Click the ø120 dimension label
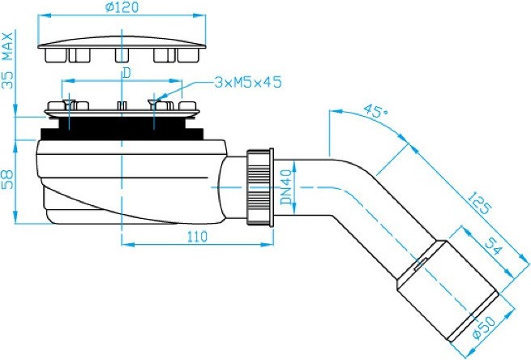tap(122, 7)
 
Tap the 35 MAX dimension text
tap(8, 61)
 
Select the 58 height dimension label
tap(8, 179)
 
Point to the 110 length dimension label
tap(197, 237)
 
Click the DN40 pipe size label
tap(286, 187)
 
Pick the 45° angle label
tap(375, 111)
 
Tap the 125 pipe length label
tap(479, 203)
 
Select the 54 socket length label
tap(494, 246)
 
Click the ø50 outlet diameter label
tap(484, 328)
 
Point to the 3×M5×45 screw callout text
tap(248, 82)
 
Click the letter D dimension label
tap(126, 73)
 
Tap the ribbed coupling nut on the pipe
tap(260, 186)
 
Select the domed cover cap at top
tap(122, 49)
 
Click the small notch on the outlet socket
tap(421, 264)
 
